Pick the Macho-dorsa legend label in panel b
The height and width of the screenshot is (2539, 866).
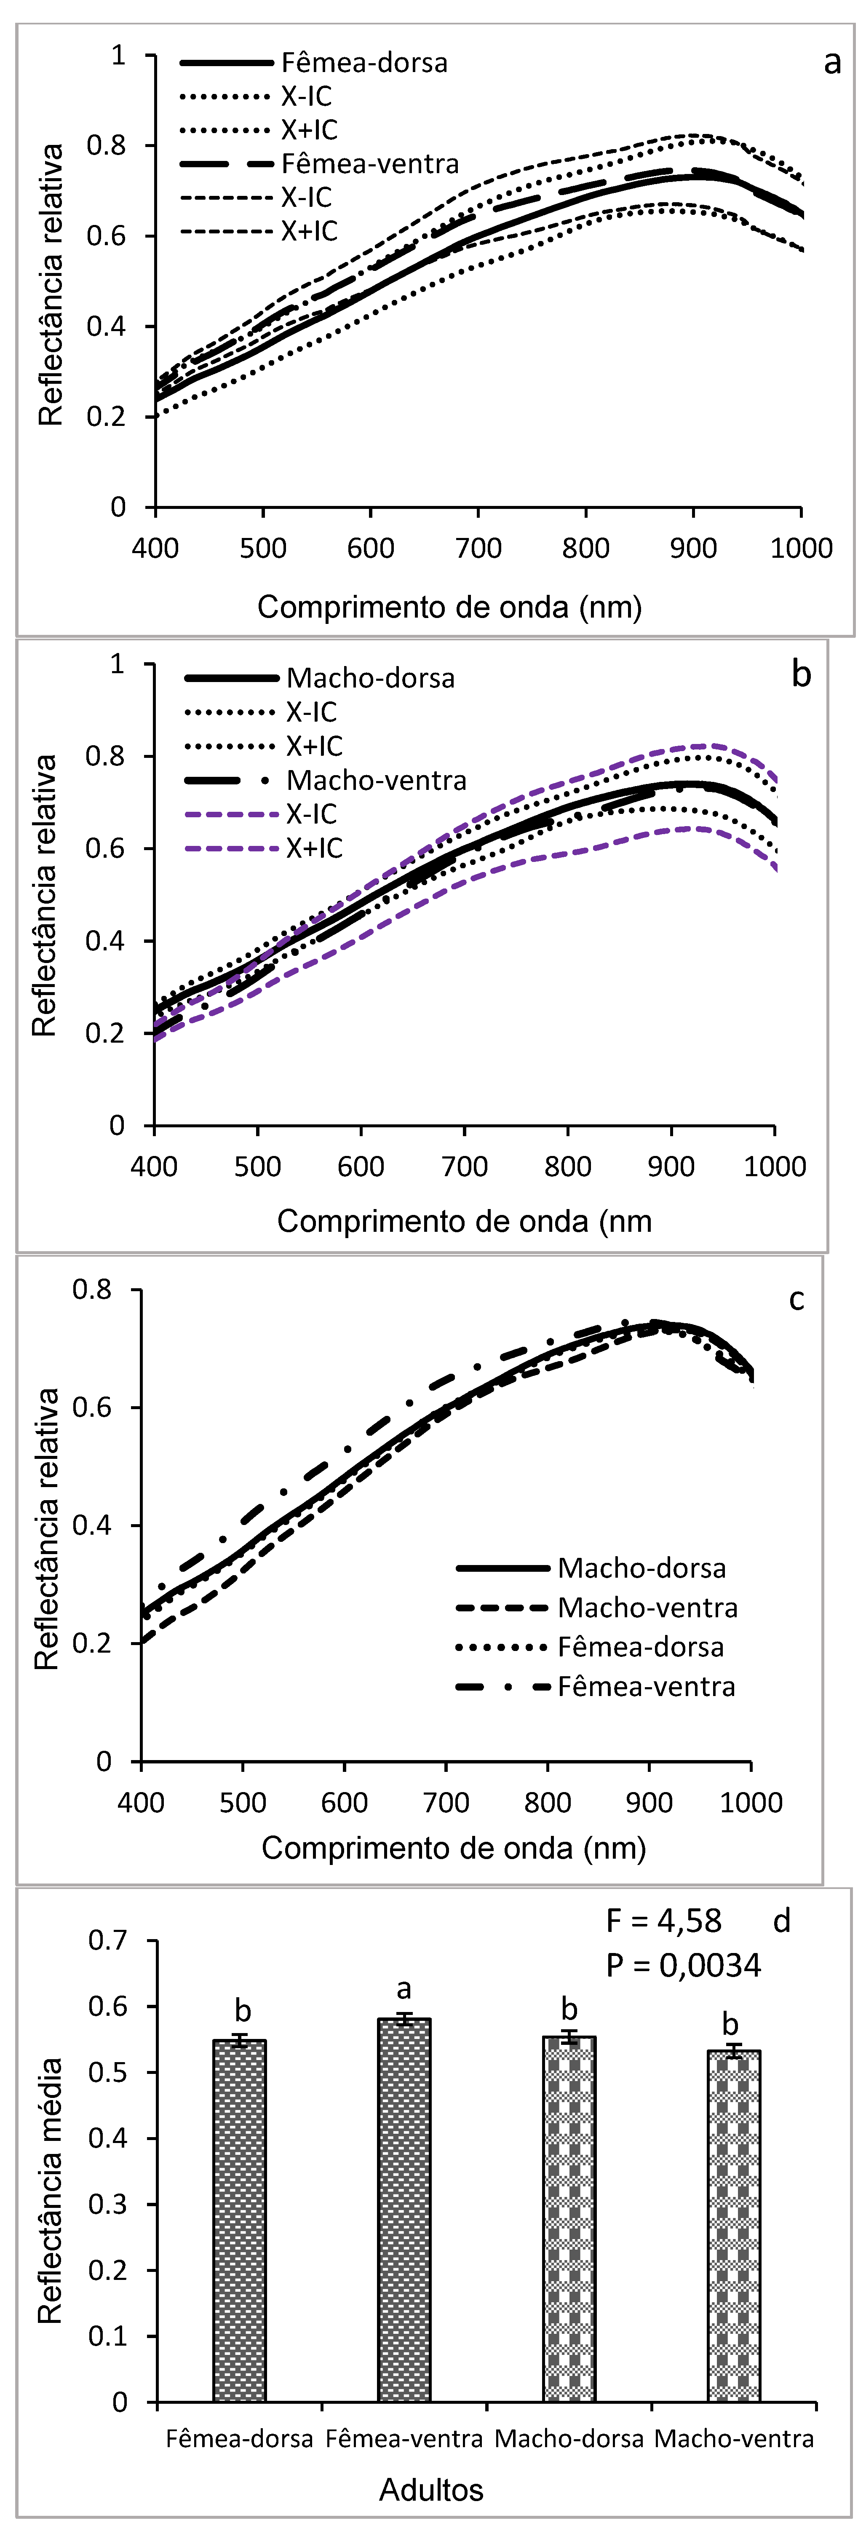(370, 678)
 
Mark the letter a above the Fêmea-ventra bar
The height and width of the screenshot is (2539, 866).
(404, 1989)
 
